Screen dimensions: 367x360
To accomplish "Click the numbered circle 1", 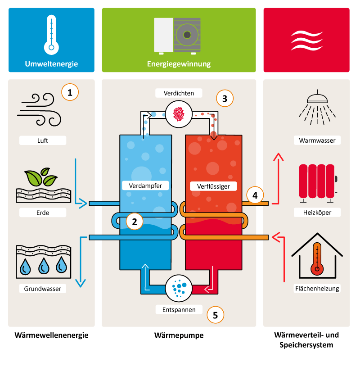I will pos(70,92).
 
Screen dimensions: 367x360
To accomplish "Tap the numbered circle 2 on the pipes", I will pos(135,221).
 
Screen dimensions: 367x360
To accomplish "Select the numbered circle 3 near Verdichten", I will pos(225,97).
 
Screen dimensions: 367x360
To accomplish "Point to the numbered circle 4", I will pos(255,196).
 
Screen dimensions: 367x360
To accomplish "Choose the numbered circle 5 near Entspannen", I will pos(215,315).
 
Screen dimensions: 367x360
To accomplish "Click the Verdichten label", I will pos(179,93).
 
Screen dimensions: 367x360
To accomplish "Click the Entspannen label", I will pos(179,310).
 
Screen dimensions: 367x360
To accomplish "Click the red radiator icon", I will pos(317,181).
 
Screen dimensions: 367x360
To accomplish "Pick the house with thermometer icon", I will pos(317,257).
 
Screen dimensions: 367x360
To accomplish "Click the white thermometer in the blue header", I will pos(51,33).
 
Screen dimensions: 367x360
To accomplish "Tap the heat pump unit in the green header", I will pos(179,35).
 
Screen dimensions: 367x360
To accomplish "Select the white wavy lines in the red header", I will pos(306,40).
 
